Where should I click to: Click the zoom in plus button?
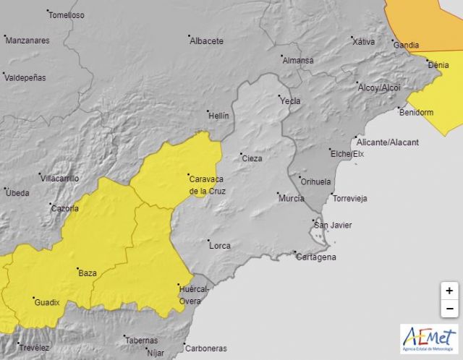[449, 291]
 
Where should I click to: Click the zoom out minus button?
[449, 309]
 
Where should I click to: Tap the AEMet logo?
[428, 339]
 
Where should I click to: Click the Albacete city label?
[206, 41]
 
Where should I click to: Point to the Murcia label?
[291, 197]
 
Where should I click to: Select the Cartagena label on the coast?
[316, 257]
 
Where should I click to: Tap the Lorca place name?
[219, 246]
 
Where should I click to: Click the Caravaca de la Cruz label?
[207, 184]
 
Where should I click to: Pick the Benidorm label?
[416, 112]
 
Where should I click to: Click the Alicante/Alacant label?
[389, 142]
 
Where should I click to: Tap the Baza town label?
[87, 273]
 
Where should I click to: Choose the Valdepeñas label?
[25, 77]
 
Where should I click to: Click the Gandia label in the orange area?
[405, 45]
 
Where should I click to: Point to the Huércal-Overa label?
[193, 295]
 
